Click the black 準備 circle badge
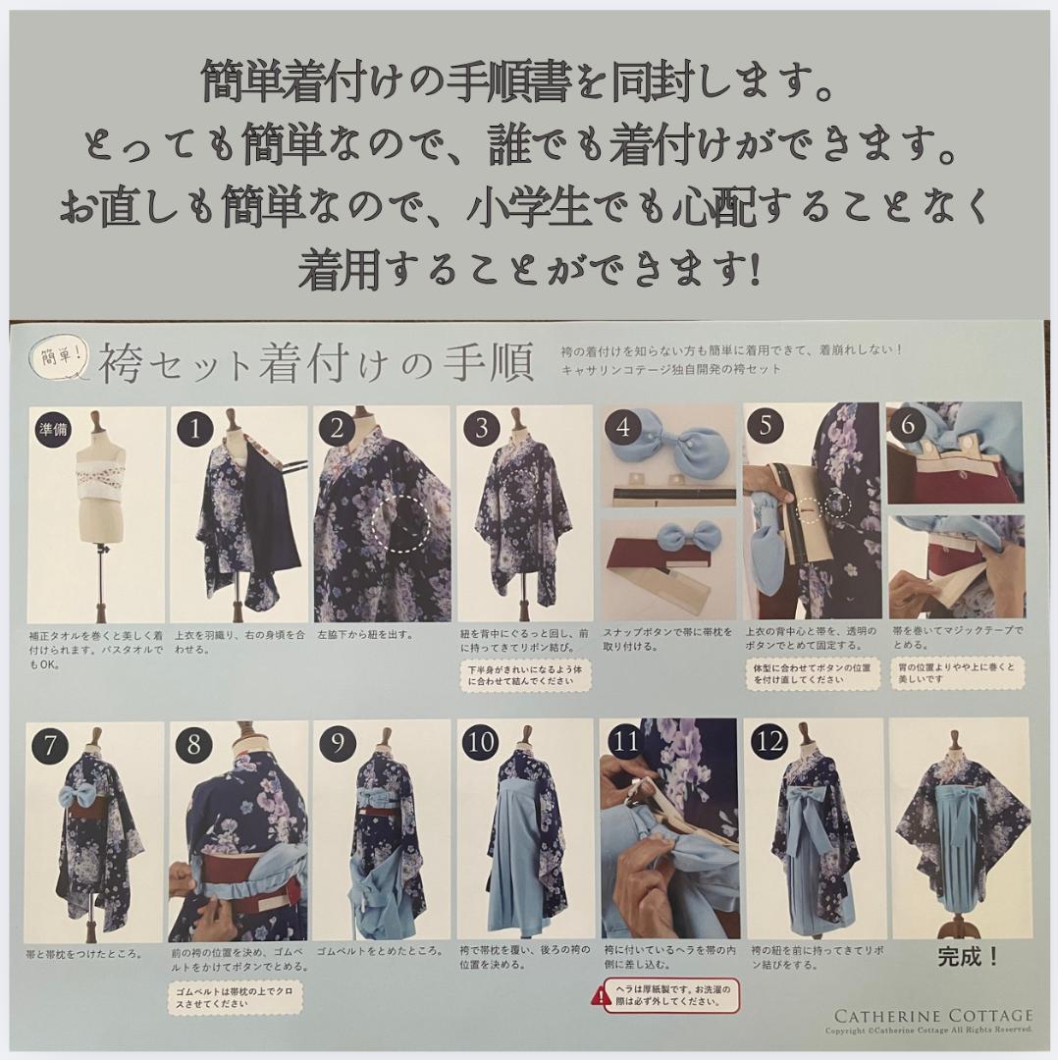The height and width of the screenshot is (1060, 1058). pos(52,429)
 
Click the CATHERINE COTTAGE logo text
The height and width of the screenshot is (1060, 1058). pos(933,1016)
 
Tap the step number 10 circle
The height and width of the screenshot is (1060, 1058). pos(483,743)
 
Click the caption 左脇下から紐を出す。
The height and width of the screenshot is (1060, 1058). pos(364,634)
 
